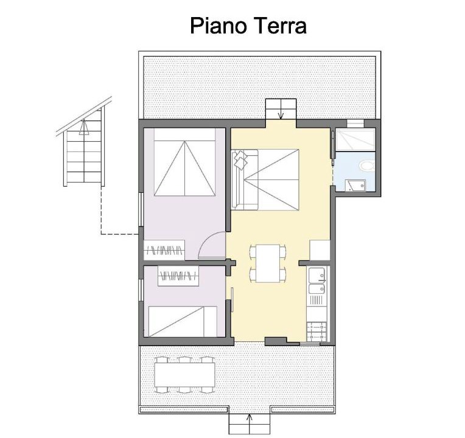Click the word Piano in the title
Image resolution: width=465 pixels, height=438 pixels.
(219, 26)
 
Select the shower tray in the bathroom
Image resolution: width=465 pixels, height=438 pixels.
(355, 139)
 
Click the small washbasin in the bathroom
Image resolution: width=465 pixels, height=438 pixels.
(355, 185)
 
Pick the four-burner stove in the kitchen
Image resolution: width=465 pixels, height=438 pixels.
(317, 332)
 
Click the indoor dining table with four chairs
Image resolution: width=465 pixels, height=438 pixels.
(268, 263)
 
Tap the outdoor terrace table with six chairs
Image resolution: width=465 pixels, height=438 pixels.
(184, 375)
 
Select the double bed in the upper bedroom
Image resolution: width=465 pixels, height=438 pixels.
(184, 162)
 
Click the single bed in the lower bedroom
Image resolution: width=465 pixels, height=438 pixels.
(183, 322)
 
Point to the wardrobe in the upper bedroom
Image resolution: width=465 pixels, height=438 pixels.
(164, 250)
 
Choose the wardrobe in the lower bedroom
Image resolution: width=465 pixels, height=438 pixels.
(178, 276)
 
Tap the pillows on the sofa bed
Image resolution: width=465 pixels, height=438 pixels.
(240, 159)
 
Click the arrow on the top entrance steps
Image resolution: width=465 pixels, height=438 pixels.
(281, 115)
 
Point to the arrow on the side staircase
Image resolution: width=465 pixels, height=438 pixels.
(84, 127)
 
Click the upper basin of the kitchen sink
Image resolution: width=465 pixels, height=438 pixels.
(317, 276)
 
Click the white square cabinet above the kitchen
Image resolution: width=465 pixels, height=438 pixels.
(320, 250)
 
